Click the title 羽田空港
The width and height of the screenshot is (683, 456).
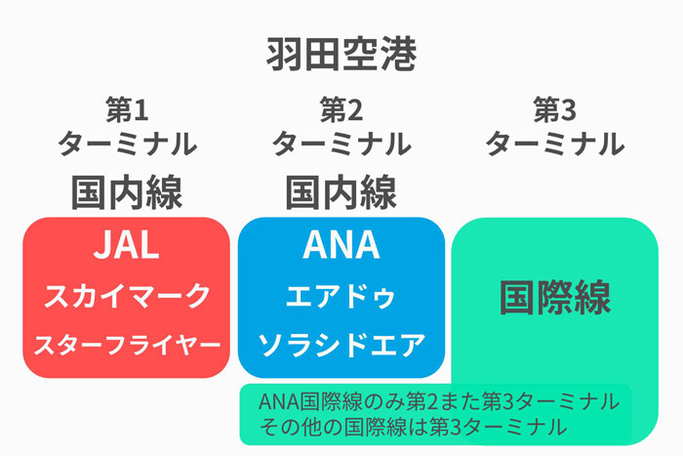(x=341, y=55)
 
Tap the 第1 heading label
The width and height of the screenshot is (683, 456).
(x=127, y=110)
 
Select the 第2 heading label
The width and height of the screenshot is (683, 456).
(x=341, y=110)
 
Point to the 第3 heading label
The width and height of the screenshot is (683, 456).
(x=555, y=110)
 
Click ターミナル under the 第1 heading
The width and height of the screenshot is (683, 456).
(x=127, y=144)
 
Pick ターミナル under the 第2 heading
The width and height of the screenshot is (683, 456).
(x=341, y=144)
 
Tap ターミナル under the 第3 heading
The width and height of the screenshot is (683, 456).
(x=555, y=144)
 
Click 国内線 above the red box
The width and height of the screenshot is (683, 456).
(x=127, y=192)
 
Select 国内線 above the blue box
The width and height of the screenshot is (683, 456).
(x=341, y=192)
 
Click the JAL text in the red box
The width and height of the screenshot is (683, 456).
(x=126, y=245)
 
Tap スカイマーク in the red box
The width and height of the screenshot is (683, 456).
(x=127, y=296)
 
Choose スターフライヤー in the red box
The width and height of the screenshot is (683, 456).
(x=127, y=346)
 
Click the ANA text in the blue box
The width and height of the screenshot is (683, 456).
(x=341, y=245)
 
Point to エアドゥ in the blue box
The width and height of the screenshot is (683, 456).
(x=341, y=297)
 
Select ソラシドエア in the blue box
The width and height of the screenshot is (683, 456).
(x=341, y=346)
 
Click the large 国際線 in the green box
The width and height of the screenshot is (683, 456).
(x=555, y=297)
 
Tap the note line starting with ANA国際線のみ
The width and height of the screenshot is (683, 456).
(x=439, y=401)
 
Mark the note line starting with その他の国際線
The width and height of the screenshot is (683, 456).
(x=413, y=427)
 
